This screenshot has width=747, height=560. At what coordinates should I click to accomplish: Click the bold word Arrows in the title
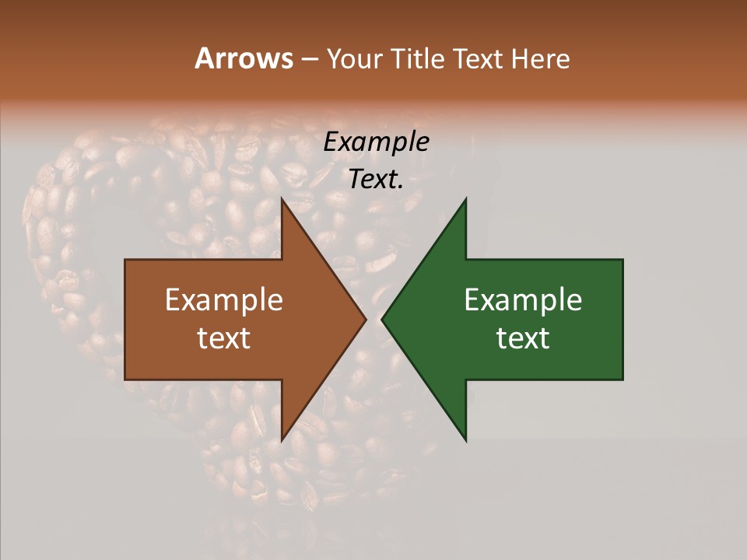click(244, 58)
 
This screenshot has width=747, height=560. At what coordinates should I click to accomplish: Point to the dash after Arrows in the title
click(309, 60)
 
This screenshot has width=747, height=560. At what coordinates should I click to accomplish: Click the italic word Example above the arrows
click(377, 142)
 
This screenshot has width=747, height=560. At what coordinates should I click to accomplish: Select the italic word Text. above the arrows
click(377, 180)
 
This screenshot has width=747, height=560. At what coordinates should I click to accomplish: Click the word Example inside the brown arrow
click(224, 300)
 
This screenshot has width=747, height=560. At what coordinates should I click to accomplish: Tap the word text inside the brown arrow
click(224, 338)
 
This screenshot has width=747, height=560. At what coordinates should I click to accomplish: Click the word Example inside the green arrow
click(523, 300)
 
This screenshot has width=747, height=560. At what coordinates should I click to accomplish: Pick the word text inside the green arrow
click(523, 338)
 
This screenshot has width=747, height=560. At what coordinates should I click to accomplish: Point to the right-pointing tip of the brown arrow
click(366, 320)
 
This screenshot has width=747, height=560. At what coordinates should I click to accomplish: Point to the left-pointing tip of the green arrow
click(381, 320)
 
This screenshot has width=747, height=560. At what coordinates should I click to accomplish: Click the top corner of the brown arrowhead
click(282, 198)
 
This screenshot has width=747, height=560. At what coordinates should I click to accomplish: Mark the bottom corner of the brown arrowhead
click(282, 441)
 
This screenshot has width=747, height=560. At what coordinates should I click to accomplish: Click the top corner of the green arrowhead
click(466, 198)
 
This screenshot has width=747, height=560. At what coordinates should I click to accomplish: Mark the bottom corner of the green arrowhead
click(466, 441)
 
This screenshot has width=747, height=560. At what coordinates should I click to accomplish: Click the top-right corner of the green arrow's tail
click(622, 260)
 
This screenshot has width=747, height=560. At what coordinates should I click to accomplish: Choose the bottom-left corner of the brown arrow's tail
click(125, 380)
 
